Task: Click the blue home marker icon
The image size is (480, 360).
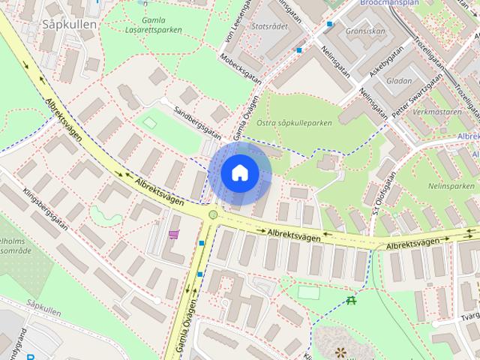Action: coord(239,172)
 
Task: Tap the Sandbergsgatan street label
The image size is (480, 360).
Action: coord(197,121)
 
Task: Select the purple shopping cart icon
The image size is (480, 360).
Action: coord(174,235)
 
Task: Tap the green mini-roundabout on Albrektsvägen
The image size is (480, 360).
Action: coord(213,215)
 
